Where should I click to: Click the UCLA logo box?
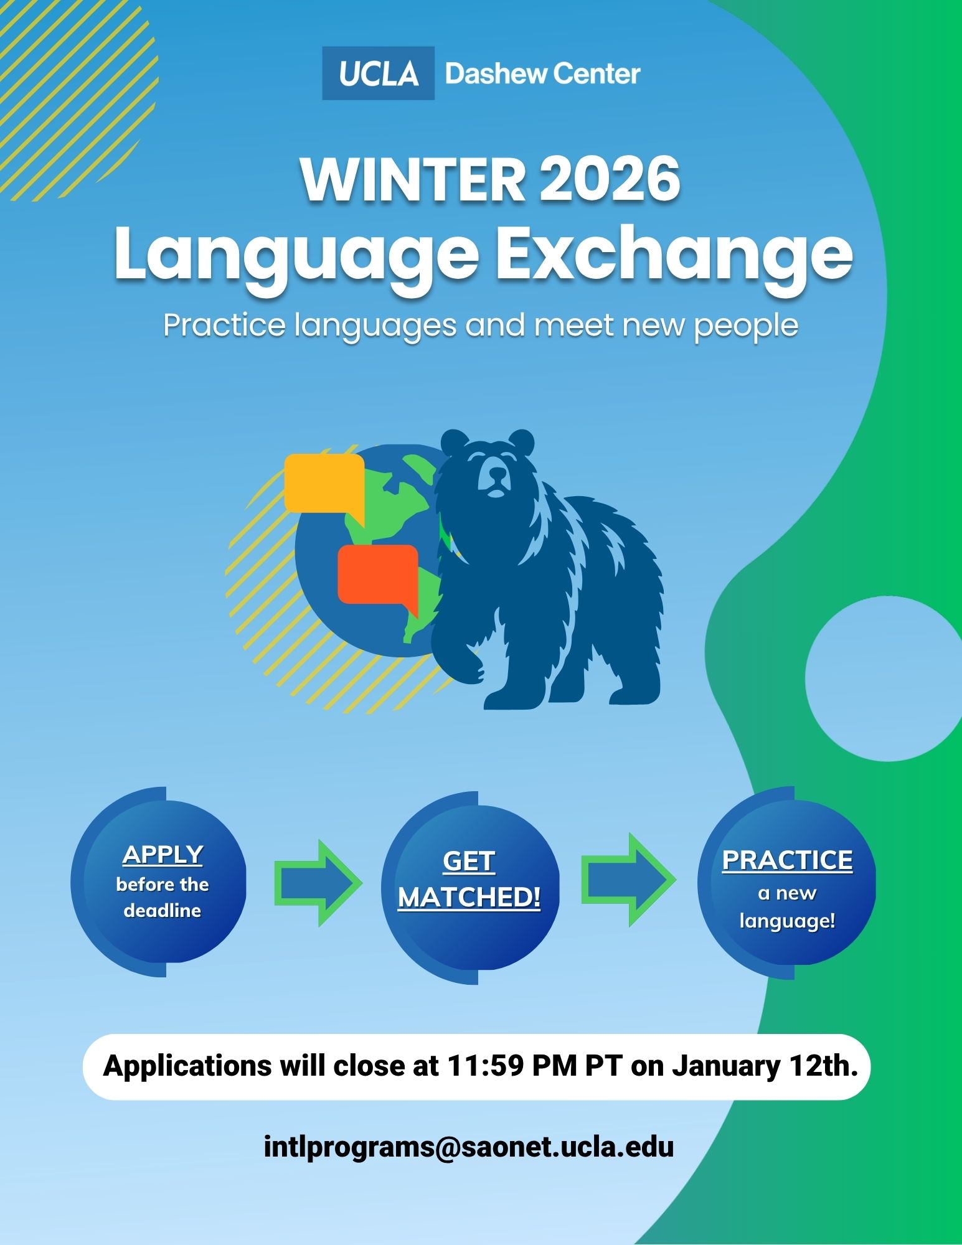tap(378, 73)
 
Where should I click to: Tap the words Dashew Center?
tap(542, 74)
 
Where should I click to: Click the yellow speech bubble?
tap(324, 484)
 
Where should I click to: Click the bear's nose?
tap(497, 475)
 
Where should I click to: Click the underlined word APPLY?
tap(163, 855)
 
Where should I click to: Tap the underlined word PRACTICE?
tap(787, 860)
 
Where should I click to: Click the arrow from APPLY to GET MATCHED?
tap(318, 882)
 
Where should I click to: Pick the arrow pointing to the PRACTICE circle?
tap(628, 880)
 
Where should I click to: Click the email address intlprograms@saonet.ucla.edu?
tap(469, 1146)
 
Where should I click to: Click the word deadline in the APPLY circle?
tap(163, 911)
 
